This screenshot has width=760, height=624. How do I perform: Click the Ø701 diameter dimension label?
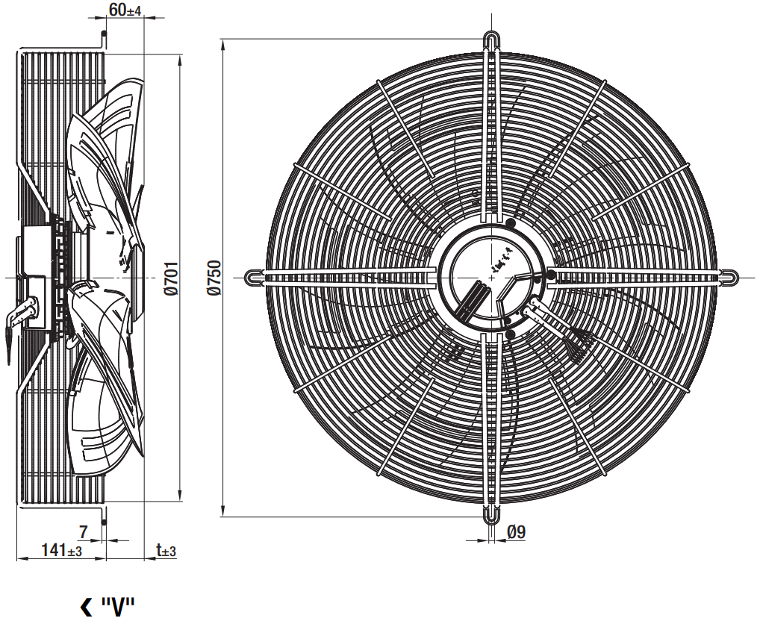tap(171, 278)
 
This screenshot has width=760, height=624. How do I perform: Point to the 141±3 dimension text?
tap(61, 550)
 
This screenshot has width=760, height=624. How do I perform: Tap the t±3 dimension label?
tap(166, 550)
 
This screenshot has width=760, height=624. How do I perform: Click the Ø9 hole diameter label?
tap(516, 532)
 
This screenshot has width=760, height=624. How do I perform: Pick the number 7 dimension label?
tap(84, 532)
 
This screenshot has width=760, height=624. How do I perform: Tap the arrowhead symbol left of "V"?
tap(86, 606)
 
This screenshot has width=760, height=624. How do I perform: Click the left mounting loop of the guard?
tap(255, 278)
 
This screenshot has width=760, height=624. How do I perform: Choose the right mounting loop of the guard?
tap(729, 278)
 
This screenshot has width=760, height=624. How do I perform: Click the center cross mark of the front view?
tap(492, 278)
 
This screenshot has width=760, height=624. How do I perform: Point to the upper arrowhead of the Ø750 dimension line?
tap(223, 45)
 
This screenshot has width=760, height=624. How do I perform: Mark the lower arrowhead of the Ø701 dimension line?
tap(181, 495)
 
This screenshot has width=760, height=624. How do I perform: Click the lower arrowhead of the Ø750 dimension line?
tap(223, 511)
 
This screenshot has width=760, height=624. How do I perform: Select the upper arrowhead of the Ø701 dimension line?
tap(181, 60)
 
